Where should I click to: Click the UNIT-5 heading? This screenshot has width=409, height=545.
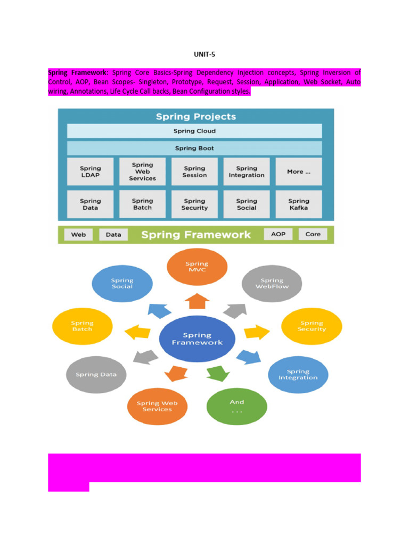coord(204,54)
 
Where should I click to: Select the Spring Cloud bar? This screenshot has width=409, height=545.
coord(194,131)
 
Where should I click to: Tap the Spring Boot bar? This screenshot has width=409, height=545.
coord(194,148)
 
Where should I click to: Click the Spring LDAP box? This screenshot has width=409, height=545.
coord(90,172)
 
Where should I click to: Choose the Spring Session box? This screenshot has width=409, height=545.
coord(194,172)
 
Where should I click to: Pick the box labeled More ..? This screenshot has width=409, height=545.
coord(298,172)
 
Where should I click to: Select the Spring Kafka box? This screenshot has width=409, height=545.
coord(298,204)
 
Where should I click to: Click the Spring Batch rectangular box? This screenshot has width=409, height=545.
coord(142,204)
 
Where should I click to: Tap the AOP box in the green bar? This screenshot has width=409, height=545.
coord(278,234)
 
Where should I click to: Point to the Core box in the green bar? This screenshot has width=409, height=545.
coord(313,234)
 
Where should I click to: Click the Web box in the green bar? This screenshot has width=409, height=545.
coord(78,234)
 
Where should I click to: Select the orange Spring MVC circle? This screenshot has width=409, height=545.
coord(197,267)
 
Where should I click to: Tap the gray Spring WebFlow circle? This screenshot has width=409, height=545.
coord(272,283)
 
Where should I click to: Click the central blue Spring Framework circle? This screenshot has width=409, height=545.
coord(197,339)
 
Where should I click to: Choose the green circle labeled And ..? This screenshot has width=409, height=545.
coord(236,406)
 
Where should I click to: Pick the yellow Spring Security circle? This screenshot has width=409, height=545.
coord(312,326)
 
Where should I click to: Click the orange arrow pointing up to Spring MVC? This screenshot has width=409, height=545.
coord(197,301)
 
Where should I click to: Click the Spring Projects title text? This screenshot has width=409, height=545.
coord(195,117)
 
